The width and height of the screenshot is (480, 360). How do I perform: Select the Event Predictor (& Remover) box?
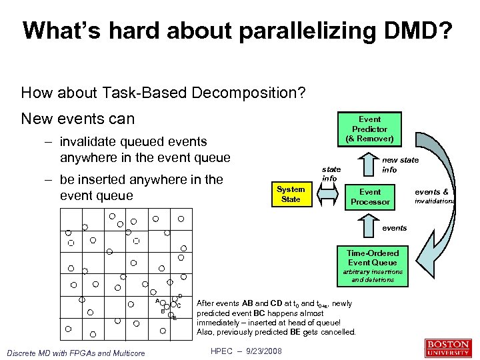[369, 129]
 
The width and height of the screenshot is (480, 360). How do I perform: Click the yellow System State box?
[291, 194]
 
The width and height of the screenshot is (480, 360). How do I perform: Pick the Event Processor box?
[370, 197]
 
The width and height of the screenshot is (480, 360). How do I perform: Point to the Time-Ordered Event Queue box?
[373, 257]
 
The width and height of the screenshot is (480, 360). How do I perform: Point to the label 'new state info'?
[400, 165]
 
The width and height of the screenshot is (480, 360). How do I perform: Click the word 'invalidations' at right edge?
[435, 201]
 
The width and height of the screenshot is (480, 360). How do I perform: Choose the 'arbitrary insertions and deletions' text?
[373, 276]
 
